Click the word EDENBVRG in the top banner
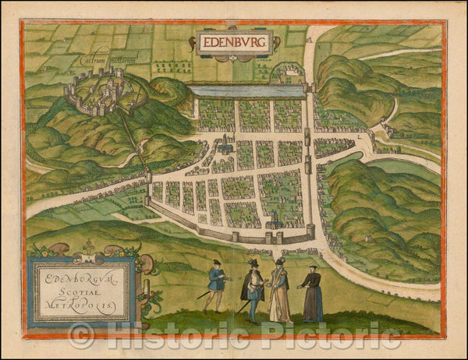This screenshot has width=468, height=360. [x=234, y=41]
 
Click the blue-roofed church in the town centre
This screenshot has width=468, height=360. [x=227, y=143]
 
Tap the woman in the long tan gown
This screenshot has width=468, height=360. [x=279, y=292]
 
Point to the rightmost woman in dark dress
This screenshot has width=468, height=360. [x=312, y=295]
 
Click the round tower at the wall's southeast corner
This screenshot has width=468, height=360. [x=310, y=231]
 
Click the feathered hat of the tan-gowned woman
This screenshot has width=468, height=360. [x=278, y=262]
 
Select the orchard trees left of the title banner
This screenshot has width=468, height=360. [x=172, y=66]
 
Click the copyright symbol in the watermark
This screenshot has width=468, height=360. [x=81, y=336]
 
